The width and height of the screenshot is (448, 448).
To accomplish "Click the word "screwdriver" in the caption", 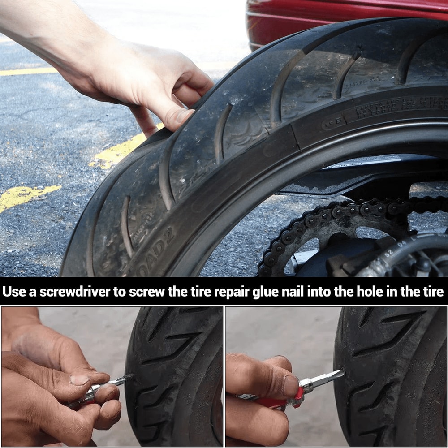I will pyautogui.click(x=74, y=292).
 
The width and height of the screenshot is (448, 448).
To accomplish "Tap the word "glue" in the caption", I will pyautogui.click(x=267, y=292).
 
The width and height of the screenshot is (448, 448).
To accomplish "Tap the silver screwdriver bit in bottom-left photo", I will pyautogui.click(x=119, y=382).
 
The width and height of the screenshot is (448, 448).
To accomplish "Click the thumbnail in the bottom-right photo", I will pyautogui.click(x=291, y=385).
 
